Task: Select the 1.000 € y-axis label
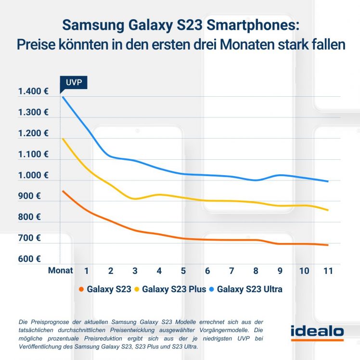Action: [33, 175]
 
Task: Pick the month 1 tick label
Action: [87, 270]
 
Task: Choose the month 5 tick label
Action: [183, 270]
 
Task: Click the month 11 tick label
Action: [328, 270]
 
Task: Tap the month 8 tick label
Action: [256, 270]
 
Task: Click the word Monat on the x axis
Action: [61, 270]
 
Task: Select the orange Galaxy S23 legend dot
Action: [81, 289]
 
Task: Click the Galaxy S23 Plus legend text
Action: [174, 289]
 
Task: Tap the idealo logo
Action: [317, 332]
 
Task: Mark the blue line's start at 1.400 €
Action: [62, 97]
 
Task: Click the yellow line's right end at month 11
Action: [328, 210]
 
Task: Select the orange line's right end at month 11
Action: [328, 245]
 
